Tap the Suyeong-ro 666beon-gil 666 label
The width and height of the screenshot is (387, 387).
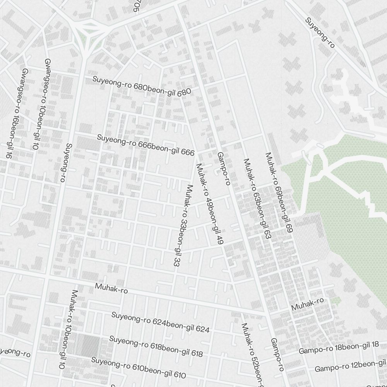coord(146,145)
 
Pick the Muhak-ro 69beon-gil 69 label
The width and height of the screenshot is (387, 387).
coord(278,192)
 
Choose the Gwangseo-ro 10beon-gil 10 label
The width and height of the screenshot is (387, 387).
coord(41,104)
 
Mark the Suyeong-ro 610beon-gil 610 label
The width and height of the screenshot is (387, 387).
coord(138,367)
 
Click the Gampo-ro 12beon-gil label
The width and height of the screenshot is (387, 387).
coord(350,366)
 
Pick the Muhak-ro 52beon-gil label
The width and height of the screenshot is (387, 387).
coord(252,354)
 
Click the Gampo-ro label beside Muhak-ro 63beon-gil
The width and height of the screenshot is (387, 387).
coord(224,168)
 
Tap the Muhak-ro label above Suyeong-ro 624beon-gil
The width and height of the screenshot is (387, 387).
coord(111,288)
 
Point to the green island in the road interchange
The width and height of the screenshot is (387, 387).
coord(89,29)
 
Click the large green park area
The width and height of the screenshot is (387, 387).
coord(341,217)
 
